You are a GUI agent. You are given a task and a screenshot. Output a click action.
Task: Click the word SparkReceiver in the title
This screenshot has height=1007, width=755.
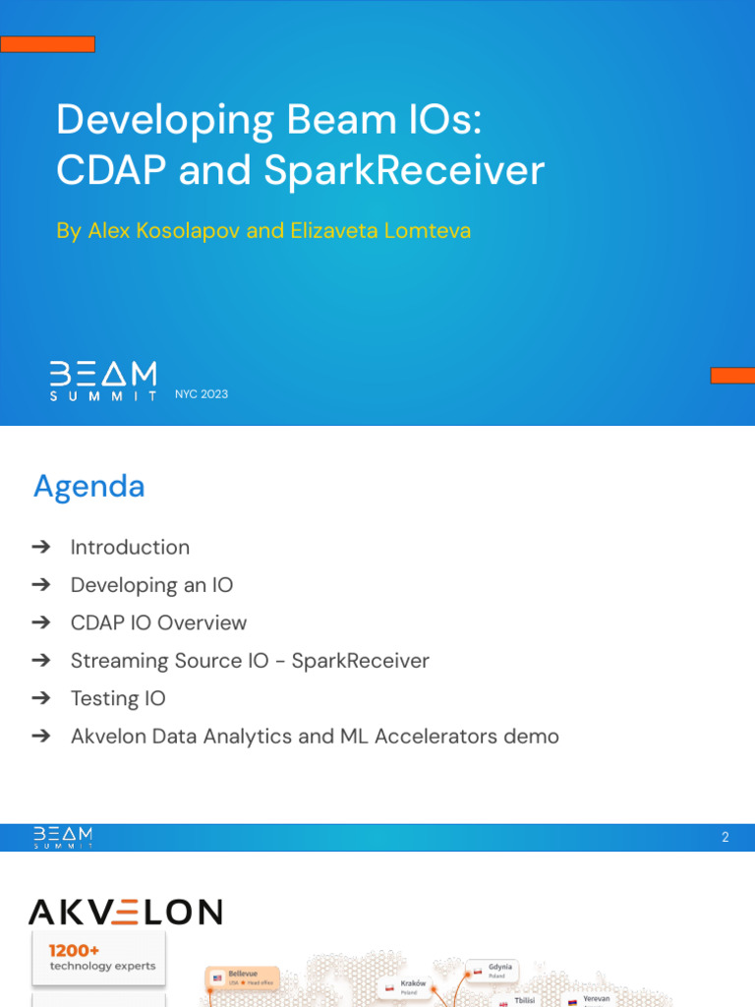pos(403,171)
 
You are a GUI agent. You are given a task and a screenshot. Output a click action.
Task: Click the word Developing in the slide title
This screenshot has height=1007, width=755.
pos(165,121)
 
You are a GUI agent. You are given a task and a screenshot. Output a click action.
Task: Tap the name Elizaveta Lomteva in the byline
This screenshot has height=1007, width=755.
pos(380,230)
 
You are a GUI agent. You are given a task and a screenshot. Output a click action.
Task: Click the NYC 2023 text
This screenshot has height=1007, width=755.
pos(202,394)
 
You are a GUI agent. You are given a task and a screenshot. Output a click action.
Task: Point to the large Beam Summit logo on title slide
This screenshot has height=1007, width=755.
pos(103,381)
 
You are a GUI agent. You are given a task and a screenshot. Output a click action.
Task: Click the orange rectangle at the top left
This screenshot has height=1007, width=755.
pos(47,44)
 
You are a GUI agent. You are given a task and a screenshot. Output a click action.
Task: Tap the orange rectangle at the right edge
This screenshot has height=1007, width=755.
pos(732,375)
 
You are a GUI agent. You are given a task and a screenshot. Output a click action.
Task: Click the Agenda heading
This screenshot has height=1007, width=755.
pos(89,486)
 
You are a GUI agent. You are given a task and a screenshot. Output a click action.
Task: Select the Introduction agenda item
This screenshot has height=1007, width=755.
pos(130,548)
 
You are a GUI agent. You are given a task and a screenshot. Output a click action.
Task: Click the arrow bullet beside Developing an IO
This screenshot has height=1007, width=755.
pos(40,585)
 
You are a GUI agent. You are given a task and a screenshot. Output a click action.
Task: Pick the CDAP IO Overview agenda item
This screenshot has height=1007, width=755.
pos(158,622)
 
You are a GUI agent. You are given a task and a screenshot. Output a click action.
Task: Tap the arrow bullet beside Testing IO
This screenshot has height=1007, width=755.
pos(40,698)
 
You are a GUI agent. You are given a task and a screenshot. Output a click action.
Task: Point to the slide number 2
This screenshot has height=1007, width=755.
pos(726,838)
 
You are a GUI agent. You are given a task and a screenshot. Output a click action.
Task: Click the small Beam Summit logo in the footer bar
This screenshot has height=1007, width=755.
pos(64,837)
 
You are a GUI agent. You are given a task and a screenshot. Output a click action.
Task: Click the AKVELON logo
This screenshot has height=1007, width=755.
pos(125,912)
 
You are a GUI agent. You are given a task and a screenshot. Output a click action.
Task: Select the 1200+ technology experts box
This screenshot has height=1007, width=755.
pos(97,958)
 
